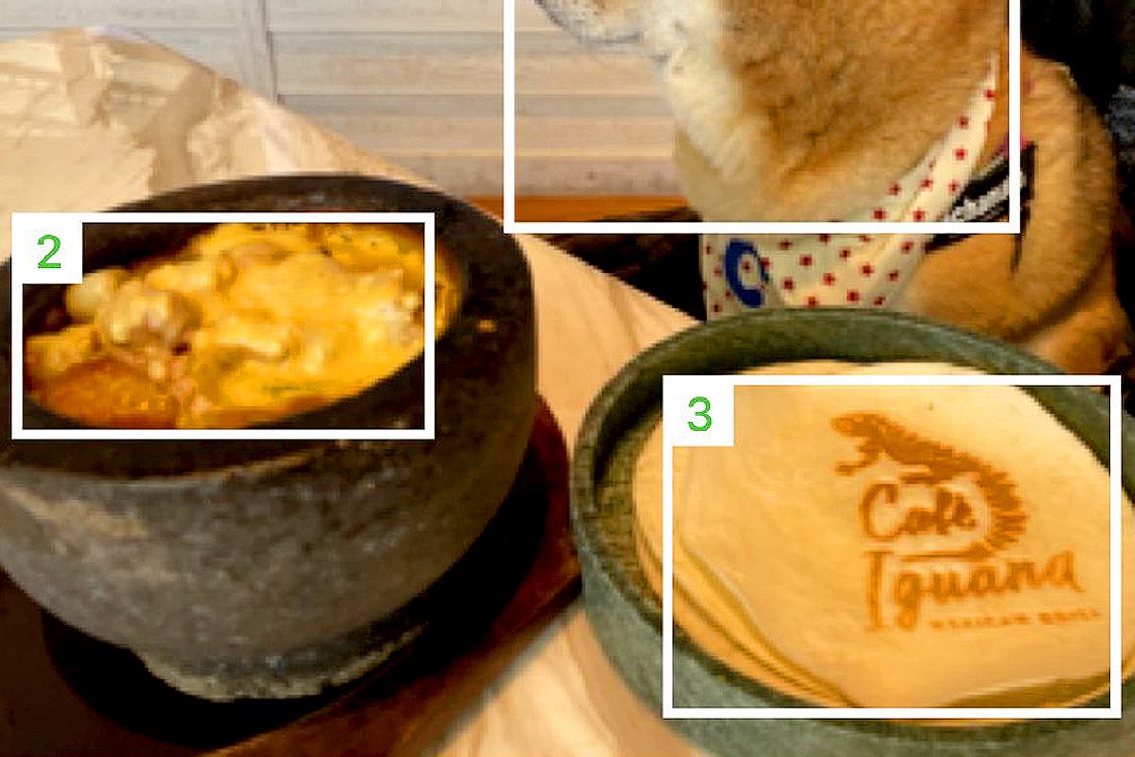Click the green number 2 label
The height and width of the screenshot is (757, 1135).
(48, 252)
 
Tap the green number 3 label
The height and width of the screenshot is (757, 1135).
(699, 414)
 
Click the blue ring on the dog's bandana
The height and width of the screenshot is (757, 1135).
(746, 273)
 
